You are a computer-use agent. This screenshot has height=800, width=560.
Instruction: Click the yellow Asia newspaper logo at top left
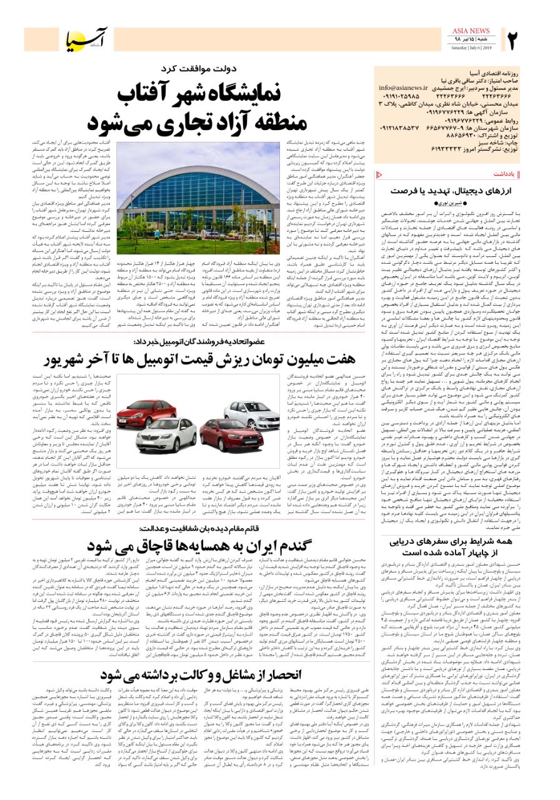point(88,39)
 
